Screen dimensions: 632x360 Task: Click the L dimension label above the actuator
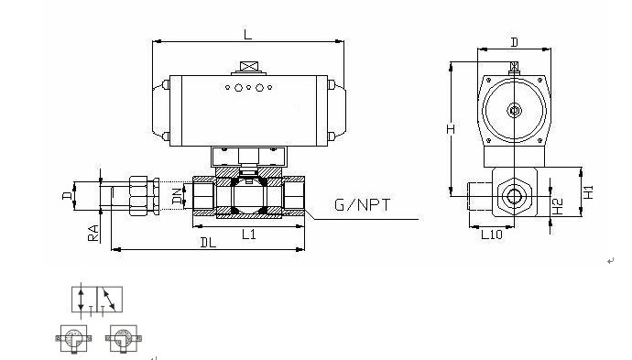point(247,34)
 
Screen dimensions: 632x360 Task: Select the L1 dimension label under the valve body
point(249,234)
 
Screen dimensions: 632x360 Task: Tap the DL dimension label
point(209,242)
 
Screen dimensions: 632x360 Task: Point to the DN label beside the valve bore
point(177,196)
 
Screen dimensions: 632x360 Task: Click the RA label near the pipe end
point(93,233)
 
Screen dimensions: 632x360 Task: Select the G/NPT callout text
point(363,205)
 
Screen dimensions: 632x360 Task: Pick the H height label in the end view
point(451,128)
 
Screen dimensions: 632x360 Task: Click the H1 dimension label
point(588,191)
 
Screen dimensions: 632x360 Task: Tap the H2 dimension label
point(557,206)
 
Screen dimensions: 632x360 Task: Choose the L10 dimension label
point(492,235)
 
